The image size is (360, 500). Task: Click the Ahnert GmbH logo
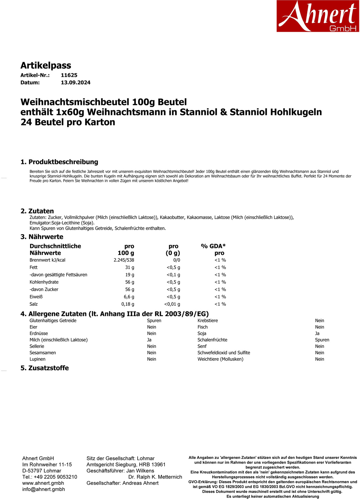click(x=317, y=16)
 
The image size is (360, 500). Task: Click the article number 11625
click(x=69, y=75)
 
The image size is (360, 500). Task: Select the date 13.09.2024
click(x=75, y=82)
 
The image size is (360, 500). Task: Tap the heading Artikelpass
click(x=46, y=65)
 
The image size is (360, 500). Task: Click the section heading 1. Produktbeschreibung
click(x=59, y=162)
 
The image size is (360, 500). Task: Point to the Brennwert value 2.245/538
click(x=124, y=260)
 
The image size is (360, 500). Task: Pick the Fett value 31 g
click(x=129, y=267)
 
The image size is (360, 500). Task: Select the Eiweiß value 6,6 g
click(x=129, y=297)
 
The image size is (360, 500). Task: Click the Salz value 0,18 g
click(x=128, y=304)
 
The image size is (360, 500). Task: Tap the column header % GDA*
click(x=213, y=246)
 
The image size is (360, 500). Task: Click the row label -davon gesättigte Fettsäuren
click(x=58, y=275)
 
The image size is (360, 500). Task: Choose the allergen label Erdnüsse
click(x=39, y=334)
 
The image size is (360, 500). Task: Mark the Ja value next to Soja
click(x=317, y=334)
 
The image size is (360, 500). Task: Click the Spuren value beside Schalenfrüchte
click(x=322, y=340)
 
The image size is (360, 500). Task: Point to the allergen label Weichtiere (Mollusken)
click(x=220, y=359)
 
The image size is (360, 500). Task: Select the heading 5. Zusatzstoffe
click(x=45, y=368)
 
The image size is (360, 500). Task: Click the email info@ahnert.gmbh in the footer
click(x=44, y=489)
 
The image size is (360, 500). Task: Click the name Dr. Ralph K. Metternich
click(x=155, y=477)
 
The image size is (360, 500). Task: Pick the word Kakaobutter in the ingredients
click(x=172, y=217)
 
